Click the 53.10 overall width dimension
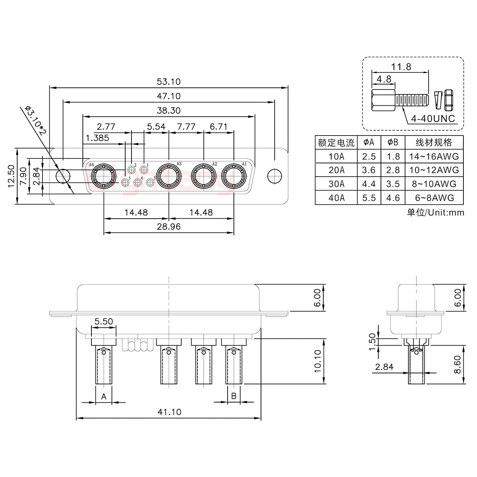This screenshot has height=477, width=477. (169, 81)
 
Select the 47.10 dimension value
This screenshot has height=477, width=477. (169, 96)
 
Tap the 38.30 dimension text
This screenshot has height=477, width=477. (169, 111)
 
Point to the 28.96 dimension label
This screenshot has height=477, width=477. (169, 227)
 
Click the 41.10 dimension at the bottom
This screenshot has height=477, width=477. (169, 412)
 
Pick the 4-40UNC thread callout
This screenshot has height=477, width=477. (433, 118)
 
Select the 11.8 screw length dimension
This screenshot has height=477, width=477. (401, 67)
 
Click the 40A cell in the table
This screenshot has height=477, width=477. (336, 198)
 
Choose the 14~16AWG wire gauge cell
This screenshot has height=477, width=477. (434, 156)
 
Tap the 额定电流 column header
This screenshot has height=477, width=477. (336, 142)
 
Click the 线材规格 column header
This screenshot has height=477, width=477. (434, 142)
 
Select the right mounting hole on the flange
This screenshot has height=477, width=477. (274, 176)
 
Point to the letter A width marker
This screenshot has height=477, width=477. (104, 396)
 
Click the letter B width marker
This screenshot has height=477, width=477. (234, 396)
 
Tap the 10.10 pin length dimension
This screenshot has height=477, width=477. (317, 361)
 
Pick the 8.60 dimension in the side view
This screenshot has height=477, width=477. (457, 364)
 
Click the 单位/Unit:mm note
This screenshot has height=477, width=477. (436, 212)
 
